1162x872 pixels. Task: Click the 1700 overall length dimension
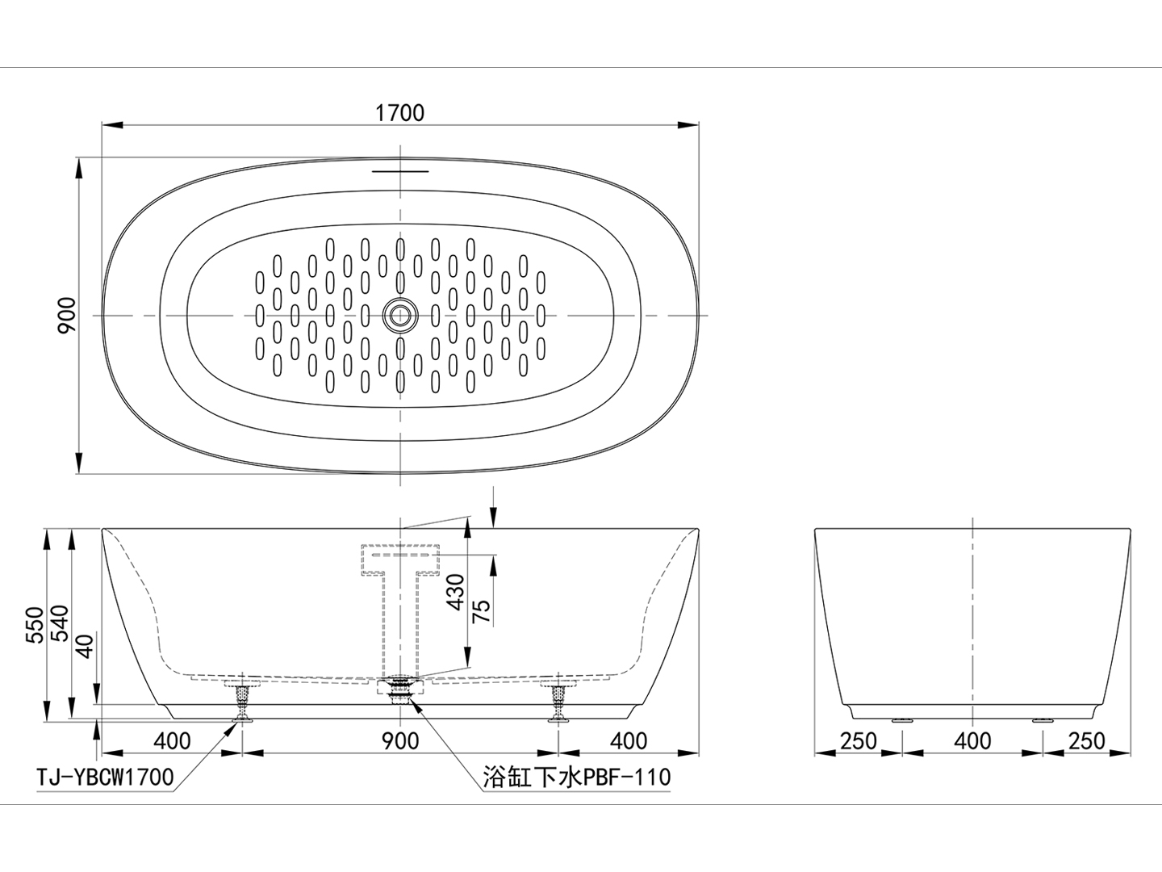399,112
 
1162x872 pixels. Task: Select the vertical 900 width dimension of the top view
68,314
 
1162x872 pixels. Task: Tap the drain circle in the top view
399,314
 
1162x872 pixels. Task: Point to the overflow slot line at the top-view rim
399,171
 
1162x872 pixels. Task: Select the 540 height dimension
61,624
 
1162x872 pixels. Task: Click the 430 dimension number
456,591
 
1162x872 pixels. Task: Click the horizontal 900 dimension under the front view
400,740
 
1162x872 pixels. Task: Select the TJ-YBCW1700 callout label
106,778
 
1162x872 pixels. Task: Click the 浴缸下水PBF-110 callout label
576,778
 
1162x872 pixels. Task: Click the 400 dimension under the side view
972,740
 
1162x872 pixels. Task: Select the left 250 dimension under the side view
857,740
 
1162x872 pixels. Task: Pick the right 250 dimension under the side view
1087,740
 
